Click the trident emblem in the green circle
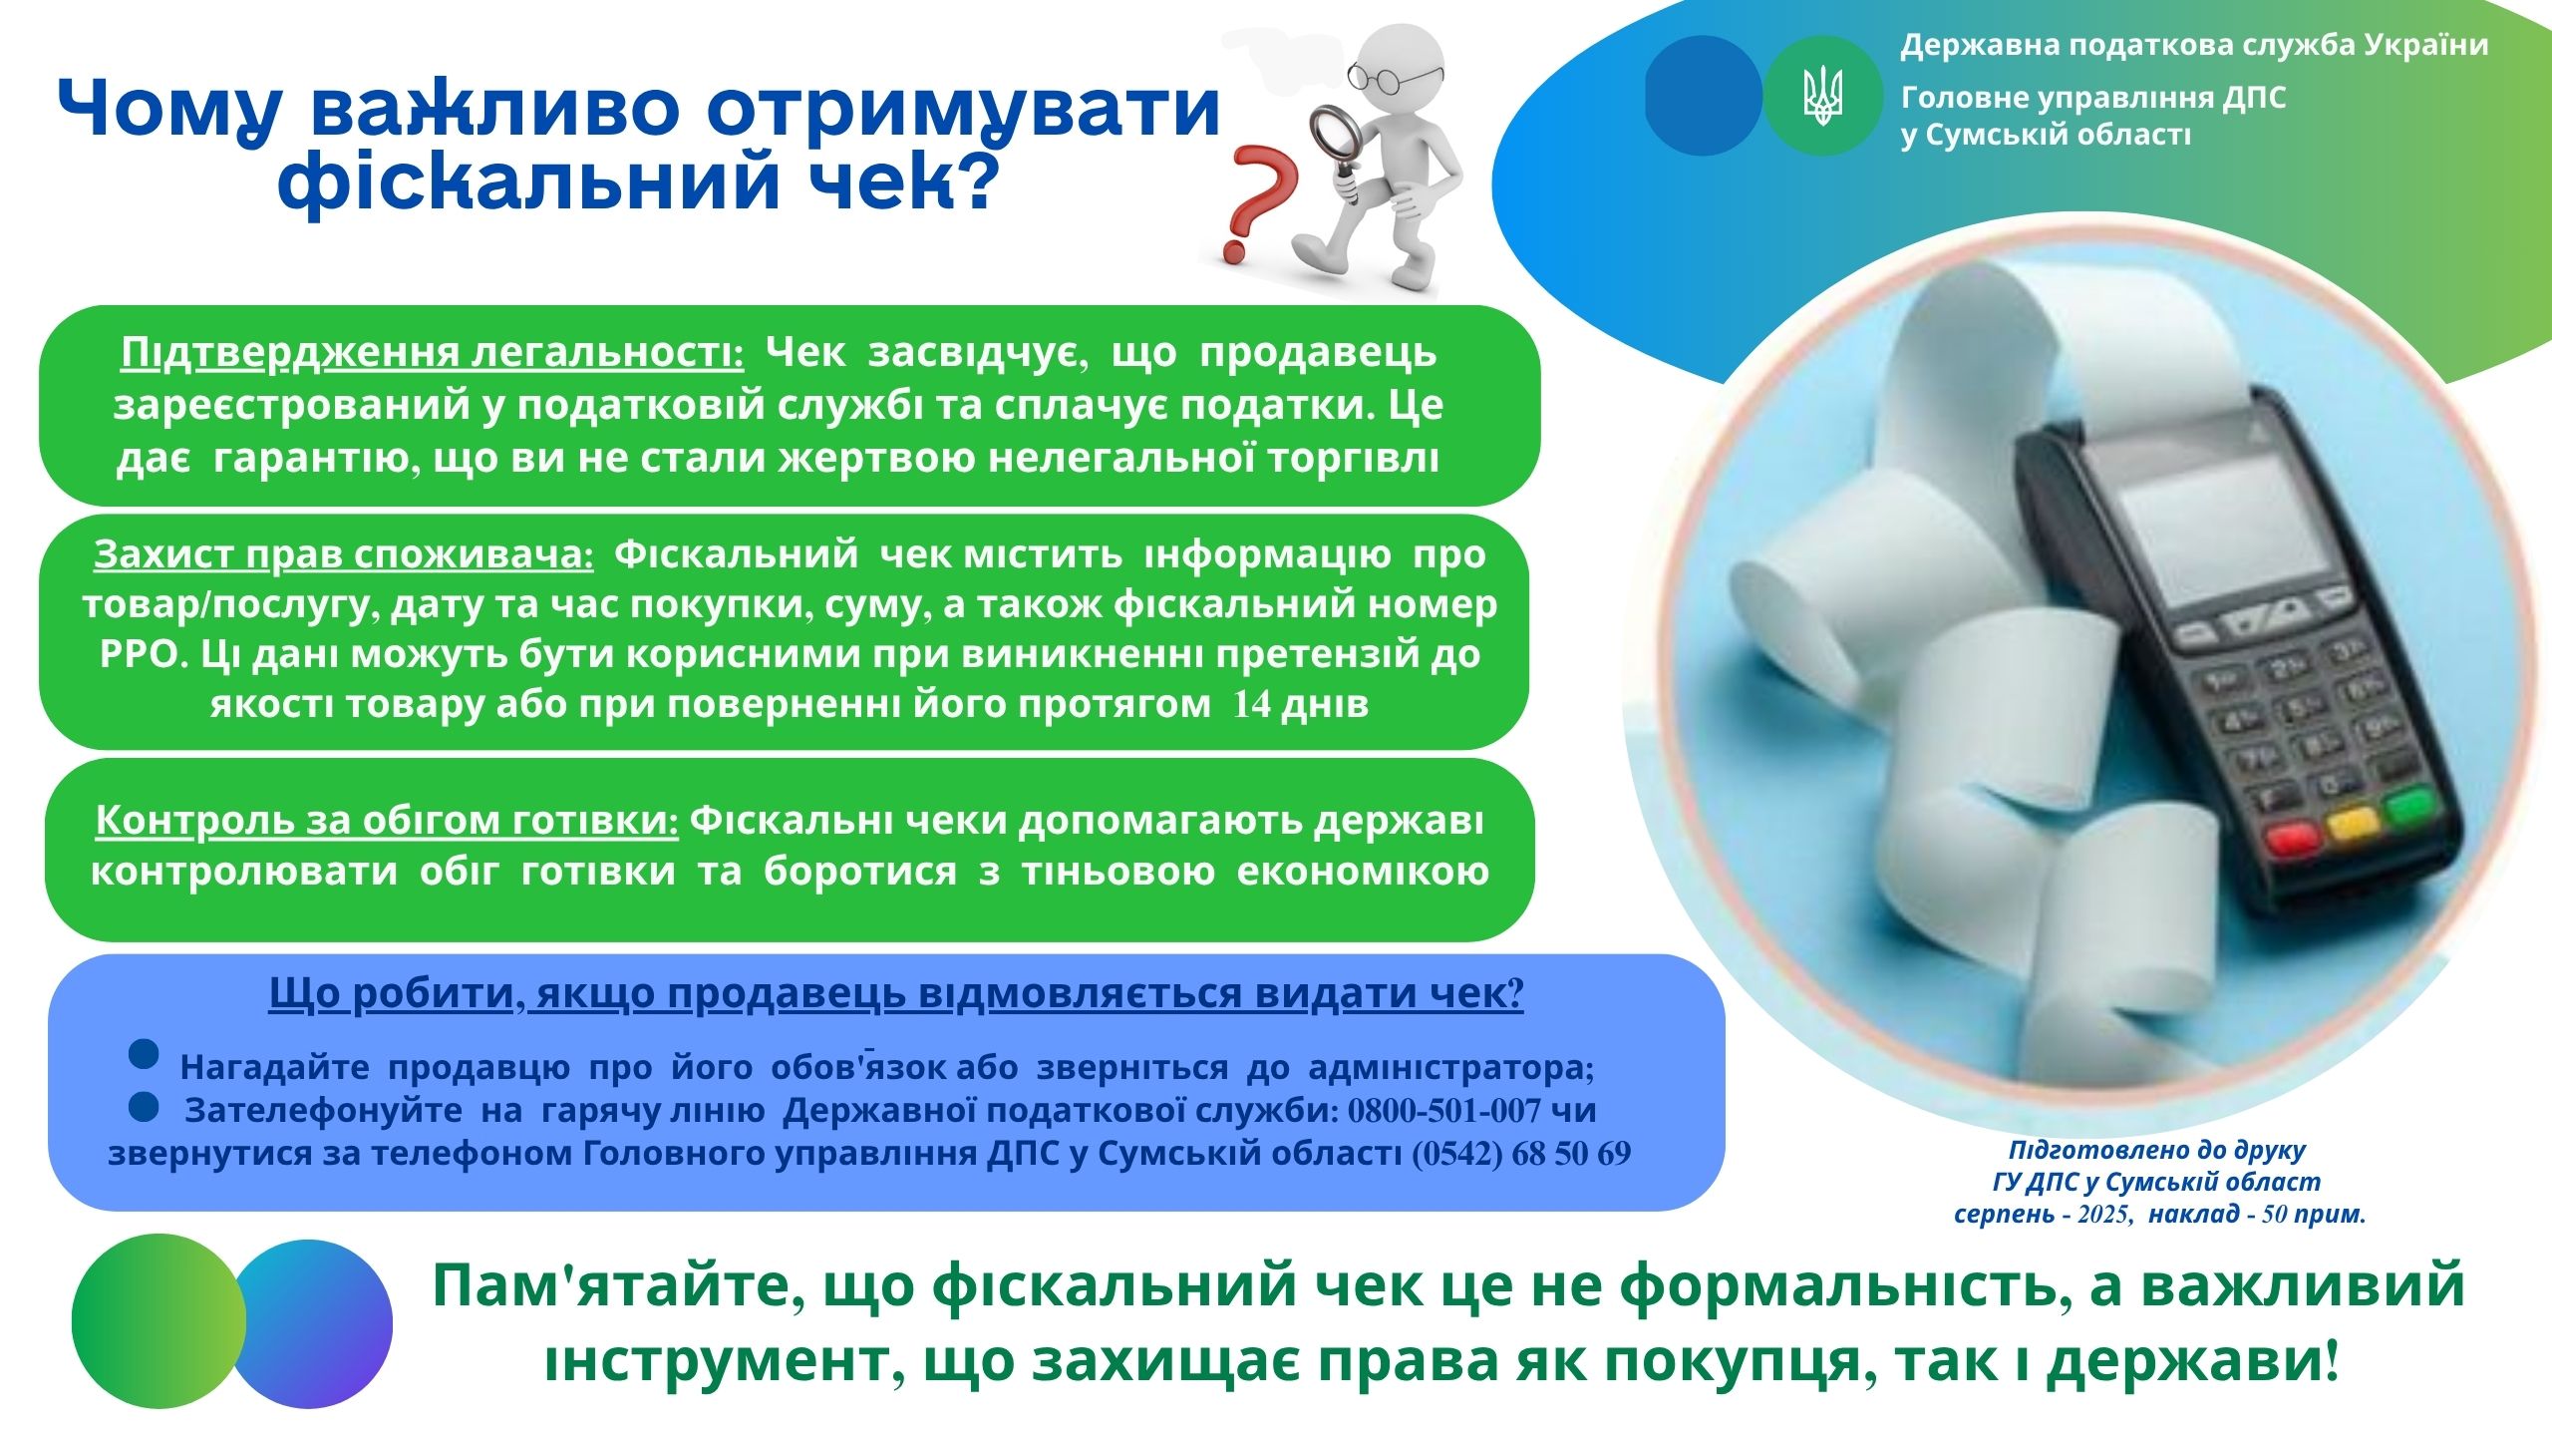point(1823,96)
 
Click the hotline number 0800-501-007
point(1444,1110)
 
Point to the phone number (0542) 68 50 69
point(1521,1153)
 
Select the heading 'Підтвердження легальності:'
point(433,353)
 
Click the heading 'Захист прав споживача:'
point(344,553)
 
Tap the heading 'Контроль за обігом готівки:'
point(387,820)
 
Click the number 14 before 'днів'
point(1252,704)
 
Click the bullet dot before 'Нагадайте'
point(145,1055)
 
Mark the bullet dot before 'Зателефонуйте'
point(145,1104)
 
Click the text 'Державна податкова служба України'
point(2194,46)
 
